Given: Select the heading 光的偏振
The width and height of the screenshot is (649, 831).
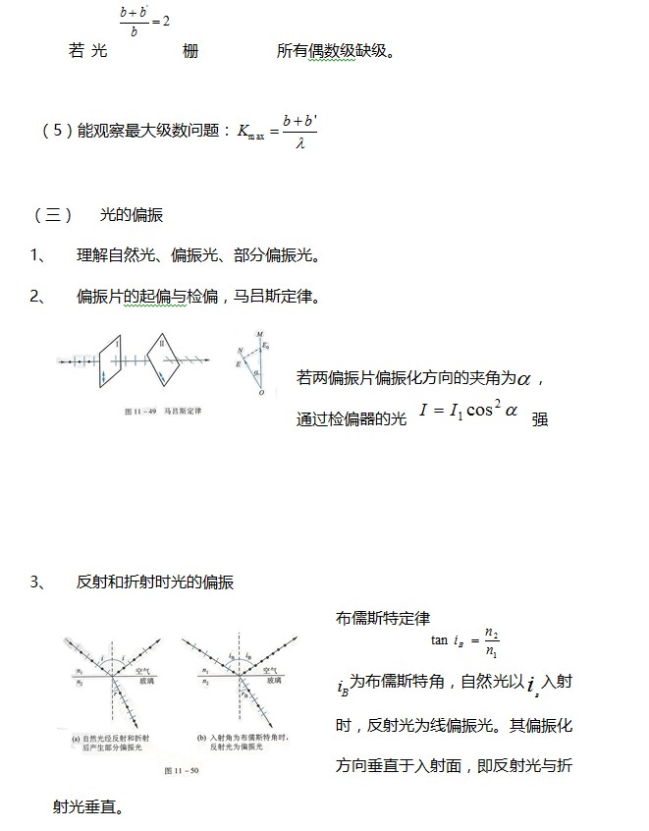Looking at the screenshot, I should (132, 215).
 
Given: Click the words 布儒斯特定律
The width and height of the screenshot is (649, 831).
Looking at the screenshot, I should (382, 618).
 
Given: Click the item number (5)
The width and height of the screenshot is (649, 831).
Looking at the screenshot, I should (58, 131).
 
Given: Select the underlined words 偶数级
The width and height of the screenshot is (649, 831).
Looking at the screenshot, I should (328, 51).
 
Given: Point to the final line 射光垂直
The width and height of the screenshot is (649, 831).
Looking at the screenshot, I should (88, 806).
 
